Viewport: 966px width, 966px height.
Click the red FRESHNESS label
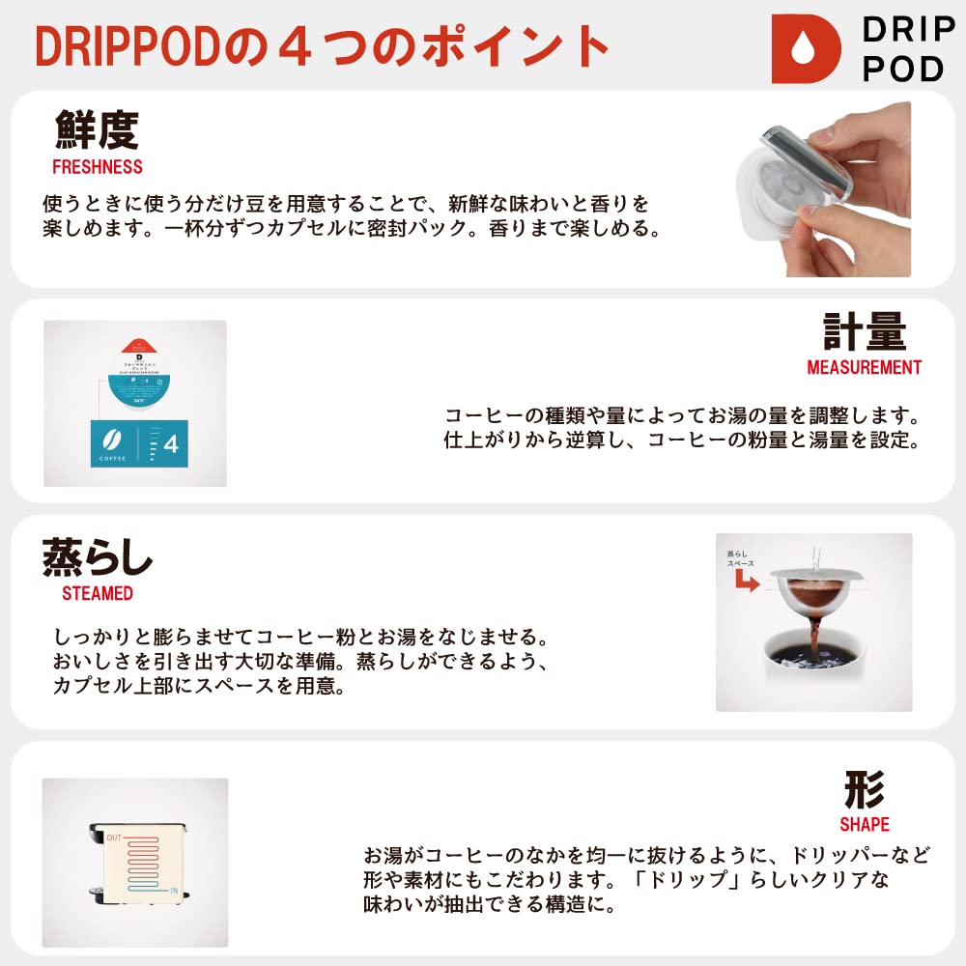pos(97,167)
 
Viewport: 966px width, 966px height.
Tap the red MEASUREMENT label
pos(864,368)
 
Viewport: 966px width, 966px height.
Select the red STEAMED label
pos(97,593)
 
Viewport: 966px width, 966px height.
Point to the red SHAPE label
pos(864,825)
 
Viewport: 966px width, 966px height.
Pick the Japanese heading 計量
pos(865,331)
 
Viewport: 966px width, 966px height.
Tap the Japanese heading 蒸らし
pos(98,558)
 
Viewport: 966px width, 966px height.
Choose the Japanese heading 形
pos(864,789)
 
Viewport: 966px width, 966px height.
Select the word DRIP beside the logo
pos(902,30)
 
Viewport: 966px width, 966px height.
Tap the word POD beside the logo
pos(902,70)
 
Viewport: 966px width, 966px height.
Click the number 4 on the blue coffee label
pos(171,445)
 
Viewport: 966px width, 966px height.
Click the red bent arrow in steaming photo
pos(745,582)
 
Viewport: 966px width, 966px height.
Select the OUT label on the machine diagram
pos(114,837)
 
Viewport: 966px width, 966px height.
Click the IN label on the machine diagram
pos(175,889)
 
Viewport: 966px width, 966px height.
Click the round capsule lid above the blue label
pos(135,373)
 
